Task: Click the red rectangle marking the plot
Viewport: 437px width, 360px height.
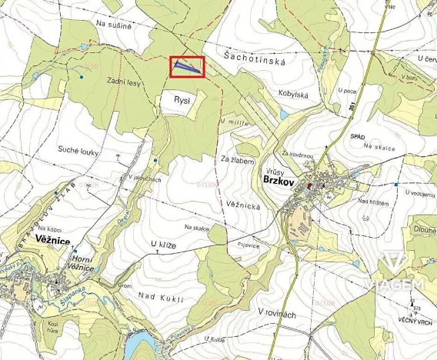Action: click(x=187, y=67)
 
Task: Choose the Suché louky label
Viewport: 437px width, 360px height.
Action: click(x=78, y=152)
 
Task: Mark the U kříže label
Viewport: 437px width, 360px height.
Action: click(x=164, y=244)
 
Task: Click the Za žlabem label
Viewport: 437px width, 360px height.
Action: click(x=237, y=159)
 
